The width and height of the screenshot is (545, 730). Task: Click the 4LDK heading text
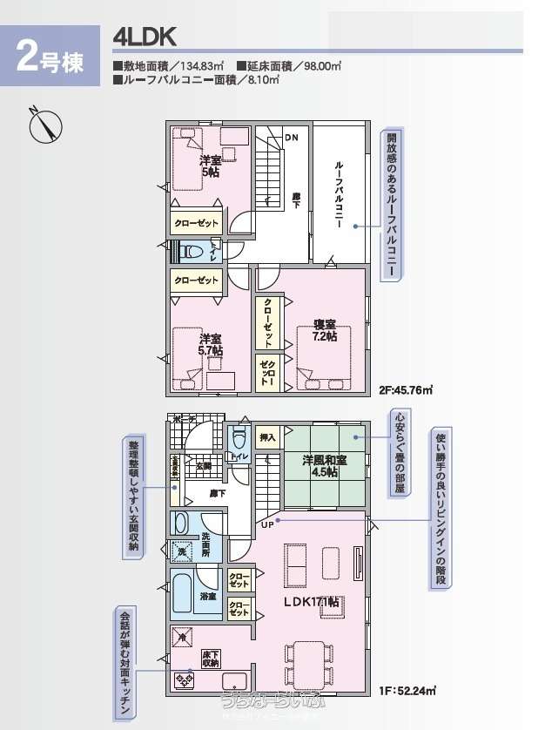point(145,37)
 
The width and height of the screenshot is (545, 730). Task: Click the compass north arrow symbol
point(43,126)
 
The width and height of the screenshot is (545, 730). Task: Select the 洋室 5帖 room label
point(210,166)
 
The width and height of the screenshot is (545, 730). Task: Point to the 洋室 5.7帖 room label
point(211,344)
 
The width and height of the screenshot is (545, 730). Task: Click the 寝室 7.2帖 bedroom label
point(325,331)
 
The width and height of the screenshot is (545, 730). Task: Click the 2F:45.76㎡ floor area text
point(407,390)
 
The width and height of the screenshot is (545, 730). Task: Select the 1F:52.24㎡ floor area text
point(407,692)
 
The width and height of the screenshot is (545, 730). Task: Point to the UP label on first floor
point(266,524)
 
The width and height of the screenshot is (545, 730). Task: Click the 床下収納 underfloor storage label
point(211,659)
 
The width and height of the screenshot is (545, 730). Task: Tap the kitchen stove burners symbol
point(184,680)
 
